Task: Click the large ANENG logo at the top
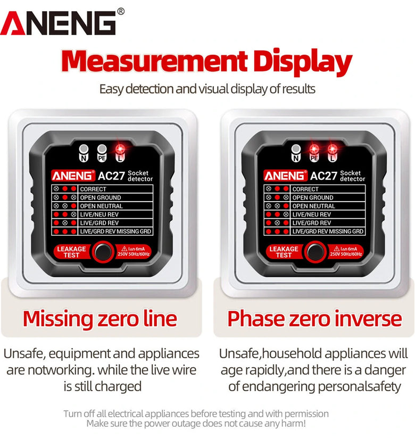click(58, 23)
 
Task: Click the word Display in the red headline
click(302, 62)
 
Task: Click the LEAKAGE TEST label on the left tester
click(71, 252)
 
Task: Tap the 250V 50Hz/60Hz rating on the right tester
click(346, 254)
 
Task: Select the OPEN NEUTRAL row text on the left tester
click(102, 206)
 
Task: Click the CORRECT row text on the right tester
click(305, 189)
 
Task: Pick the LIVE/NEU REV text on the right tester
click(312, 214)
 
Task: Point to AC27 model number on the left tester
click(111, 176)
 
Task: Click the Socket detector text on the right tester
click(353, 176)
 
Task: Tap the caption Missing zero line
click(100, 319)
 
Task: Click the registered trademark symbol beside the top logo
click(121, 12)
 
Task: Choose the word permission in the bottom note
click(306, 413)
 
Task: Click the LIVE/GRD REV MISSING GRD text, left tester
click(115, 231)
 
